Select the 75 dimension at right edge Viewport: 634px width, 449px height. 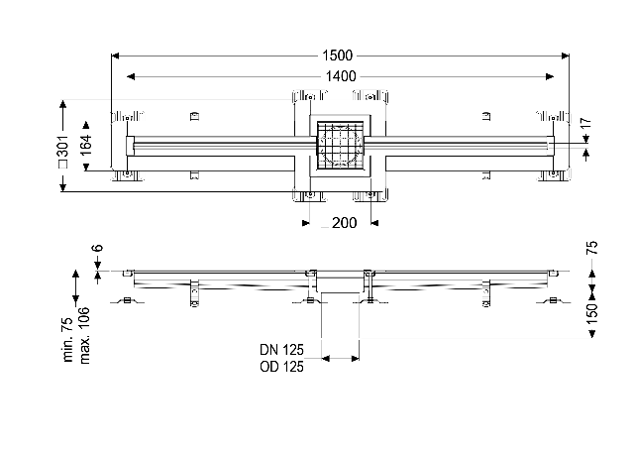point(592,248)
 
